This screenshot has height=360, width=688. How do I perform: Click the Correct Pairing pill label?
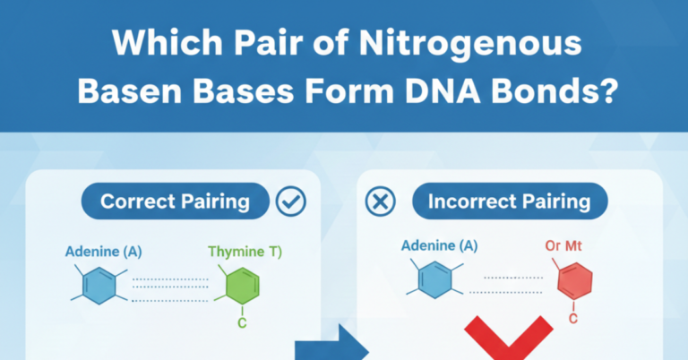click(x=175, y=201)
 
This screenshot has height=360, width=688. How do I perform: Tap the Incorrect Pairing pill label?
click(x=509, y=201)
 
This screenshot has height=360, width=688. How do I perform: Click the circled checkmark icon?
click(x=292, y=201)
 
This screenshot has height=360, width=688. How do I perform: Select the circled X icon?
click(x=381, y=201)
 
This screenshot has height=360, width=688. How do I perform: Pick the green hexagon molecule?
click(x=241, y=286)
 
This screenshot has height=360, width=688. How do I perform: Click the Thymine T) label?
click(x=245, y=253)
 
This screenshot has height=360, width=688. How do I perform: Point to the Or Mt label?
click(x=564, y=245)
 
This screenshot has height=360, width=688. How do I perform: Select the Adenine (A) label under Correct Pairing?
click(x=102, y=251)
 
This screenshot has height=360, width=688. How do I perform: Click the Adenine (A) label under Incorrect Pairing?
click(x=439, y=245)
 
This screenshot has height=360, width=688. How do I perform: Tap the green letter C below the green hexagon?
click(x=242, y=323)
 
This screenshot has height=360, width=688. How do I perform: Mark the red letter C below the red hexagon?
click(x=573, y=318)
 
